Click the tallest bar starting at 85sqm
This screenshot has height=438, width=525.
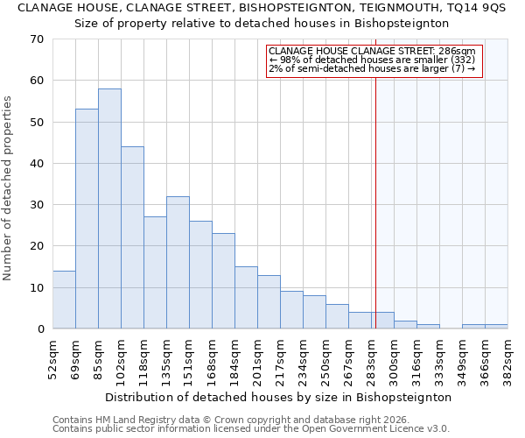pyautogui.click(x=109, y=208)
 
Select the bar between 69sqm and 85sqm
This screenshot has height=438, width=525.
pyautogui.click(x=87, y=219)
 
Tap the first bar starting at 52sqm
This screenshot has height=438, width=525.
pyautogui.click(x=64, y=300)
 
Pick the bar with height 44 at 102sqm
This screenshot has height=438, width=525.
pyautogui.click(x=132, y=237)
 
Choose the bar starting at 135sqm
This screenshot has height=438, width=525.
pyautogui.click(x=178, y=262)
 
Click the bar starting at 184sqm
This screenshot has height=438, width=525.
pyautogui.click(x=246, y=297)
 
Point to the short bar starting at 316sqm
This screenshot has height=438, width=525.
pyautogui.click(x=428, y=326)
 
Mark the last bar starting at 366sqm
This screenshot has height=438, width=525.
pyautogui.click(x=496, y=326)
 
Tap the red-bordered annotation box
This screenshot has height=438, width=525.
pyautogui.click(x=374, y=60)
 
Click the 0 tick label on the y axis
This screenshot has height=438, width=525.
pyautogui.click(x=39, y=329)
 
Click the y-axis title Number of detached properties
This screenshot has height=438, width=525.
pyautogui.click(x=8, y=188)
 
